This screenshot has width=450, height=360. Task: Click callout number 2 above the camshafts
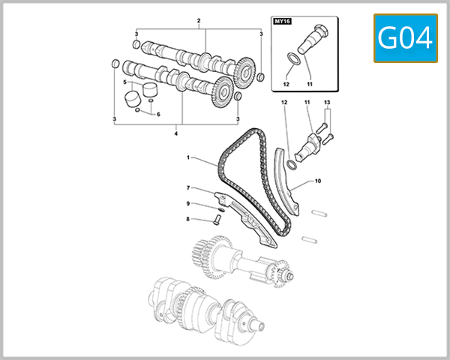199,19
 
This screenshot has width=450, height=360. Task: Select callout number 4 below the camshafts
175,134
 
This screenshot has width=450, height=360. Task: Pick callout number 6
158,114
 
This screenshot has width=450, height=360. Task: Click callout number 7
188,187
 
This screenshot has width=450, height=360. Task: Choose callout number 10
317,181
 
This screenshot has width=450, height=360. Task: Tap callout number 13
327,101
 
